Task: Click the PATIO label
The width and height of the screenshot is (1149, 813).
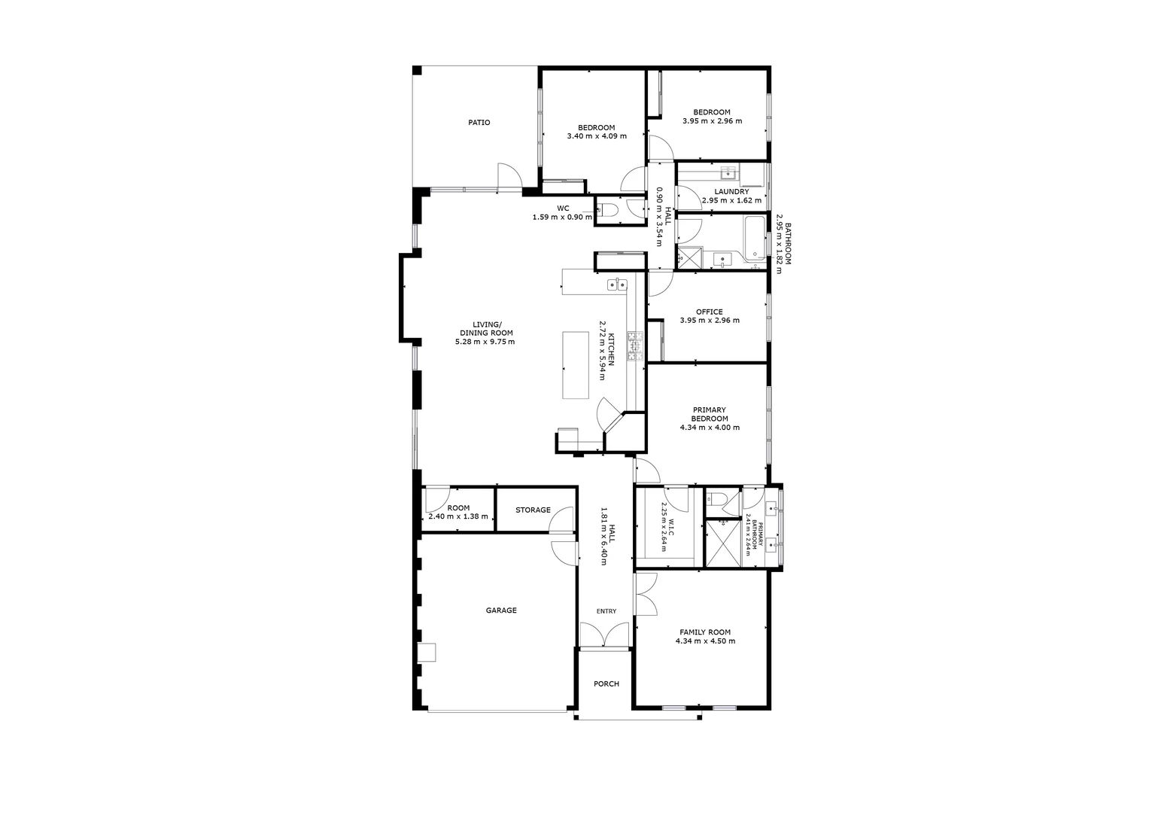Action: [x=479, y=123]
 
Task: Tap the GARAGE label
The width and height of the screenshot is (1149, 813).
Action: [x=501, y=611]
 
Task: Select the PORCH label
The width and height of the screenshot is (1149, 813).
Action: [x=606, y=684]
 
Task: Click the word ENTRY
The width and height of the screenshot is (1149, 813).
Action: [x=606, y=611]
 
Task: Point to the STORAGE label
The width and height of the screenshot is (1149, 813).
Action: [x=533, y=510]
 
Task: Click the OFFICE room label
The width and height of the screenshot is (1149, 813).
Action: [x=710, y=312]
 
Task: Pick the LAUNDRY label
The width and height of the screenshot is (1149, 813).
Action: [x=731, y=192]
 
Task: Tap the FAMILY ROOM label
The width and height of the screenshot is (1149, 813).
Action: [x=705, y=632]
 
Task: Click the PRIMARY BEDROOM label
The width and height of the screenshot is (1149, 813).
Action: [x=710, y=414]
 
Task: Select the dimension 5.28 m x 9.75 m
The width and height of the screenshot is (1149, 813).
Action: [x=485, y=342]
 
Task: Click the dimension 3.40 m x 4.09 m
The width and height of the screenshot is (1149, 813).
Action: [x=596, y=136]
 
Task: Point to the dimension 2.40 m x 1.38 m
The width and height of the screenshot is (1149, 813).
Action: [x=457, y=517]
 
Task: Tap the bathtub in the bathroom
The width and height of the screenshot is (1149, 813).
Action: [x=753, y=239]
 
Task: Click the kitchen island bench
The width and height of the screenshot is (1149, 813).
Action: [x=577, y=365]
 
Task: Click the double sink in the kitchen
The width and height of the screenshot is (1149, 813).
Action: [x=617, y=284]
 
